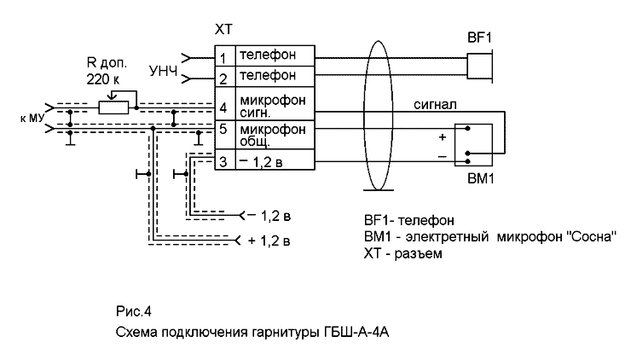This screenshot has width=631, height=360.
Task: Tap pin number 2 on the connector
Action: click(223, 78)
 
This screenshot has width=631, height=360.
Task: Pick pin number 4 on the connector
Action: click(223, 107)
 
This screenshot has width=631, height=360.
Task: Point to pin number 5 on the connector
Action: click(223, 131)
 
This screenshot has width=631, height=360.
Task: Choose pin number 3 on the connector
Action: click(223, 160)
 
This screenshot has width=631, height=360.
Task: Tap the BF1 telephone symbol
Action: click(482, 66)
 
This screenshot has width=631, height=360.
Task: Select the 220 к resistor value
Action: click(105, 78)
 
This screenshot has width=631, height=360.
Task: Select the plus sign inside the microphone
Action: click(442, 136)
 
